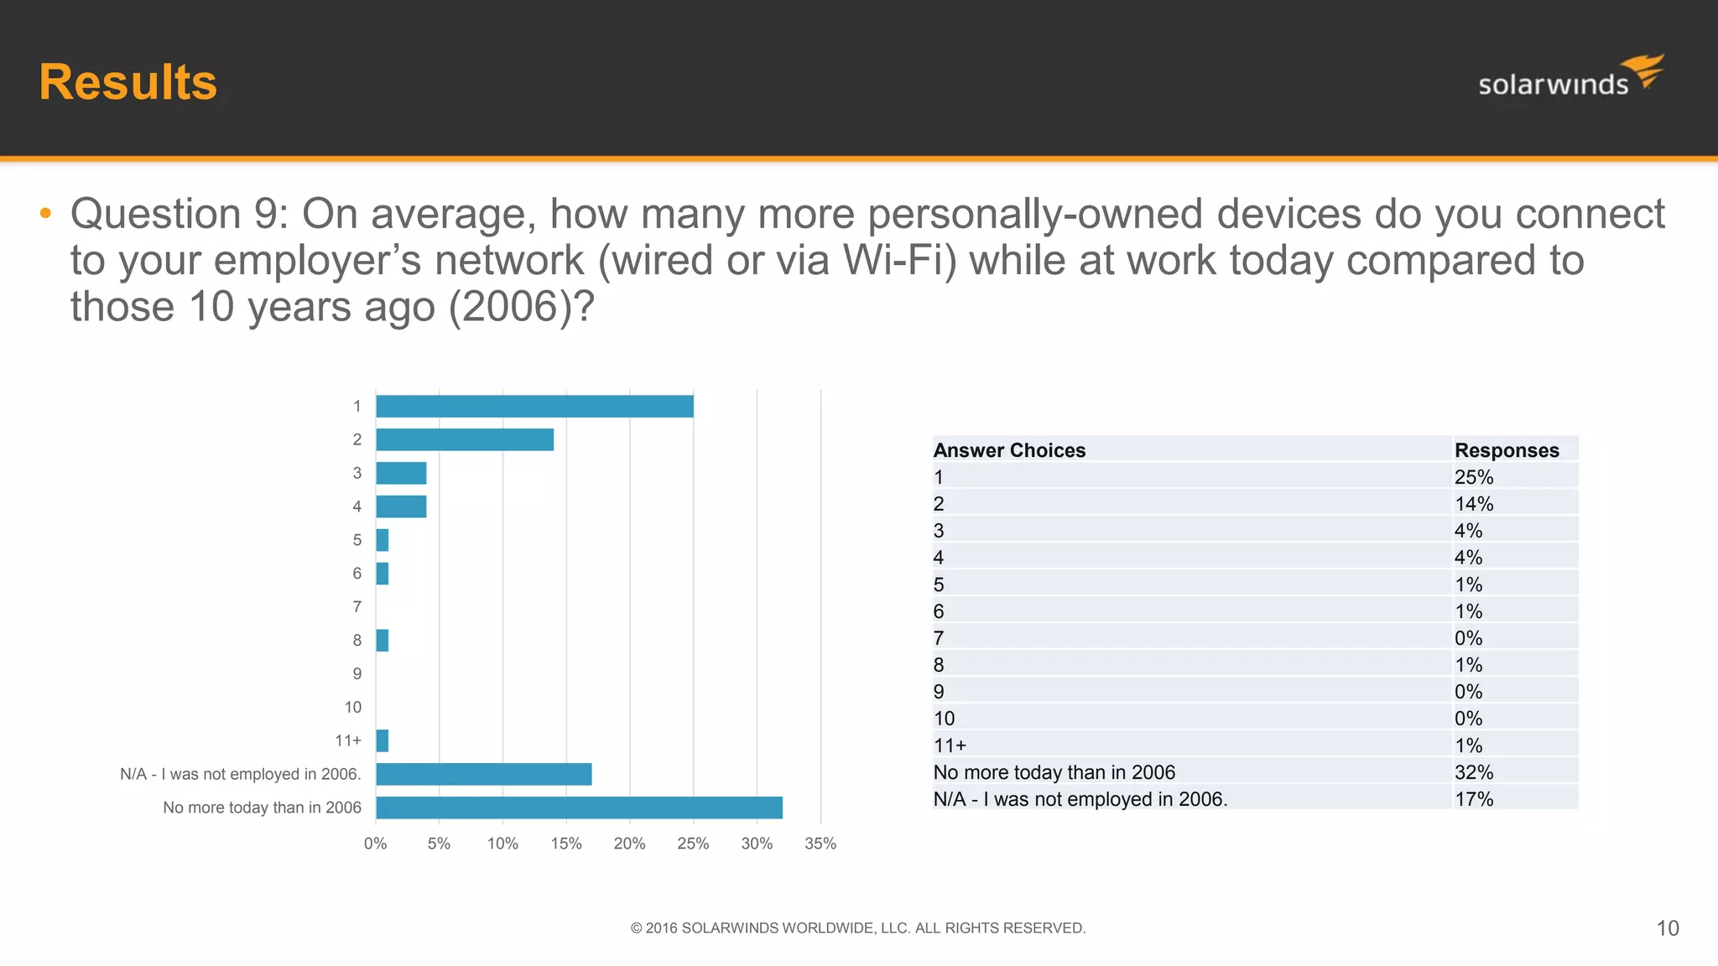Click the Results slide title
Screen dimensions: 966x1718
tap(128, 82)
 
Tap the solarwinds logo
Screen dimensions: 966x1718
tap(1570, 77)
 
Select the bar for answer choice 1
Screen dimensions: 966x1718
tap(534, 407)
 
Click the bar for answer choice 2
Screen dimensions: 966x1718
tap(465, 439)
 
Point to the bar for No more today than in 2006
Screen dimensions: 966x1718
tap(579, 808)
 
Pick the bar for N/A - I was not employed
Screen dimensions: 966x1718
tap(484, 774)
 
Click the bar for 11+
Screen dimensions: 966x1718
tap(383, 740)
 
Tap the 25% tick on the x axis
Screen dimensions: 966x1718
tap(693, 844)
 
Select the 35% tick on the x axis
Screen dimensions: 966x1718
tap(820, 844)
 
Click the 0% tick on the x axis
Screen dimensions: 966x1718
tap(375, 844)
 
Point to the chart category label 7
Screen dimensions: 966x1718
tap(357, 606)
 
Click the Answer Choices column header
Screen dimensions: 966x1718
tap(1009, 450)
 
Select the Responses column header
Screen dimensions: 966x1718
tap(1507, 450)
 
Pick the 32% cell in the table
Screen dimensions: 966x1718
tap(1474, 772)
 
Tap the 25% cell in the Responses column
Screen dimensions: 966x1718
tap(1474, 477)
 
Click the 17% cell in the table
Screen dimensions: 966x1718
tap(1474, 799)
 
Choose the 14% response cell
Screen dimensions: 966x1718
tap(1474, 504)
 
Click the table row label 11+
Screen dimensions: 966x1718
tap(950, 745)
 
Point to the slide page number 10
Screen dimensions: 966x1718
tap(1668, 928)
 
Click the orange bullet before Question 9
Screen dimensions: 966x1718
tap(45, 214)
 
